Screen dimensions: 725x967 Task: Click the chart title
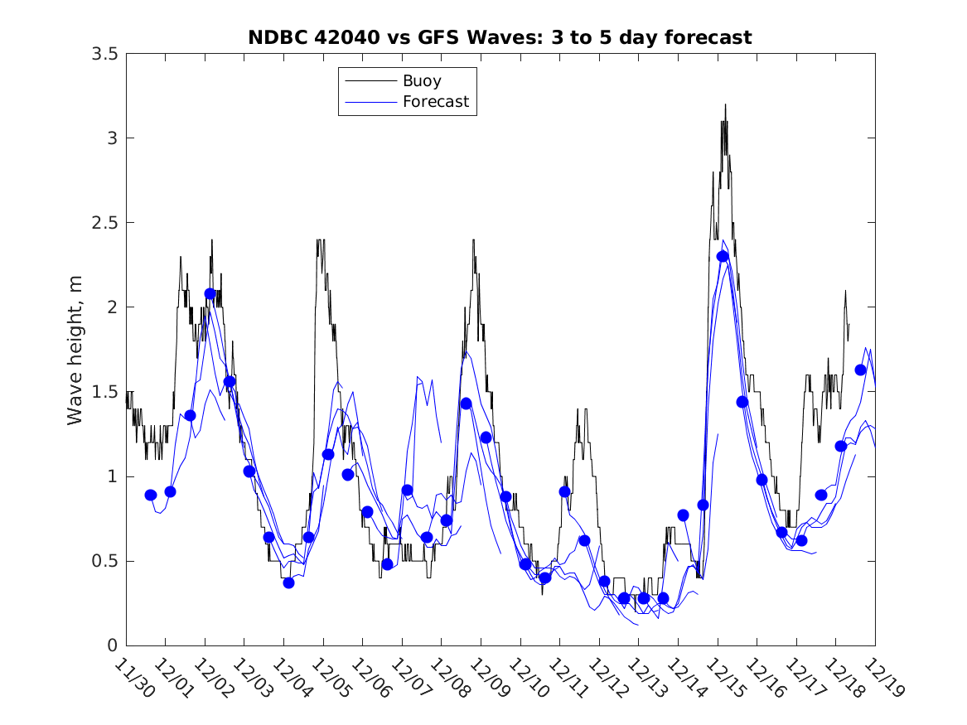[x=500, y=37]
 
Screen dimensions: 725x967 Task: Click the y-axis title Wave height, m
[x=75, y=349]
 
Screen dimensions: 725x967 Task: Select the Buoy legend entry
[x=422, y=81]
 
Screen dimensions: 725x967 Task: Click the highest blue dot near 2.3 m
[x=723, y=256]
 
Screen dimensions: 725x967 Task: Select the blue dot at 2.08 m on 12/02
[x=210, y=293]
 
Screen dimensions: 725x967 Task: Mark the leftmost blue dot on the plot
[x=150, y=495]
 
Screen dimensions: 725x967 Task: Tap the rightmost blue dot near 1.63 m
[x=860, y=370]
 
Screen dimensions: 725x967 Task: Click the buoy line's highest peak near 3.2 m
[x=725, y=105]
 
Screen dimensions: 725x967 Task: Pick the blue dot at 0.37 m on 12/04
[x=288, y=582]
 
